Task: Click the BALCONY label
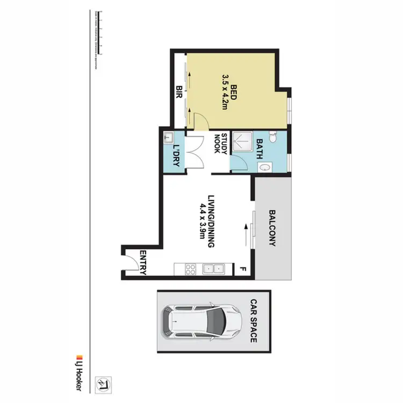click(x=271, y=227)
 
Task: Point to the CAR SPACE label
click(x=253, y=321)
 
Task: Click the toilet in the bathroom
click(x=273, y=139)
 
